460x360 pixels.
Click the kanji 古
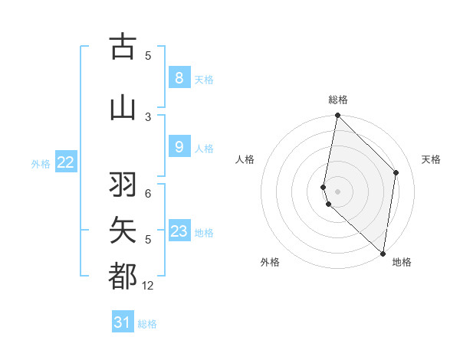[x=123, y=47]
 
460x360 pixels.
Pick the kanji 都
[x=123, y=276]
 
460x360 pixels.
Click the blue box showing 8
[x=179, y=78]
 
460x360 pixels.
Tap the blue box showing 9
[x=179, y=147]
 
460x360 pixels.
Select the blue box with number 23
[x=179, y=231]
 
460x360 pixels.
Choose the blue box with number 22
[x=66, y=162]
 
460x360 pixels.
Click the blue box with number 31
[x=123, y=322]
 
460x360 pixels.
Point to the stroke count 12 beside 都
[x=148, y=286]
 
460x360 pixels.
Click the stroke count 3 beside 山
[x=148, y=116]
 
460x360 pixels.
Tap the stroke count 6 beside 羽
[x=148, y=194]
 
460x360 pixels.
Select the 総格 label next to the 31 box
[x=147, y=324]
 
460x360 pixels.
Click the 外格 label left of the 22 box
[x=41, y=163]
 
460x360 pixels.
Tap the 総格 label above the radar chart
[x=338, y=100]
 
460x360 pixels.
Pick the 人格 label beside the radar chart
[x=245, y=159]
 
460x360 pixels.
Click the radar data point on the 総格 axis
[x=337, y=116]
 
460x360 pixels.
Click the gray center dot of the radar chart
[x=337, y=191]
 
